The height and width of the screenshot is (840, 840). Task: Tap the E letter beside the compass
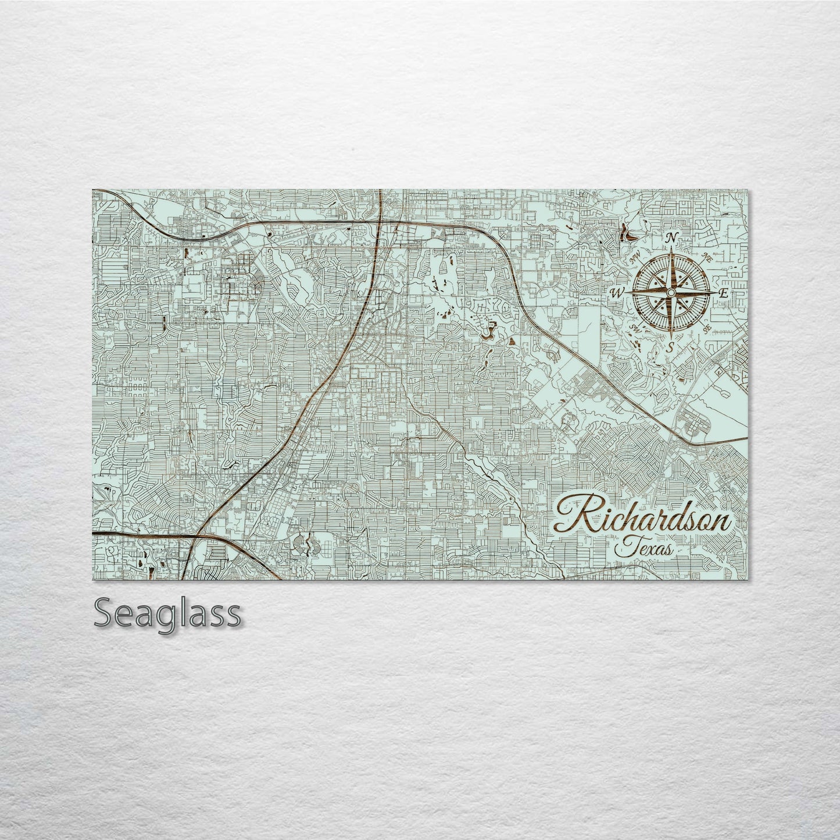(723, 294)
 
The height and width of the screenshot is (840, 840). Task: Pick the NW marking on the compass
(635, 260)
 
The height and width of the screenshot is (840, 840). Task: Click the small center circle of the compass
(671, 293)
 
